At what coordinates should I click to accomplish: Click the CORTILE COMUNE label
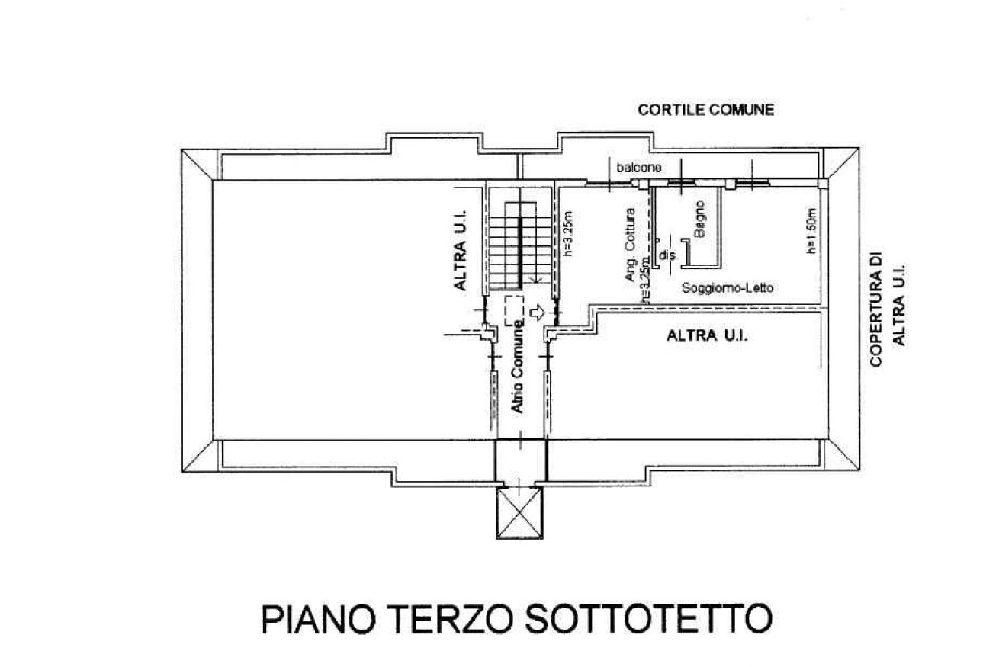(705, 110)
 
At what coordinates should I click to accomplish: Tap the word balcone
(638, 168)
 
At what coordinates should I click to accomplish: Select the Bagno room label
(699, 219)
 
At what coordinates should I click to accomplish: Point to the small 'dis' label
(667, 255)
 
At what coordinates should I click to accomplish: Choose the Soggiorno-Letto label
(728, 288)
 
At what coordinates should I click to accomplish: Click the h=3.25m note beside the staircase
(567, 233)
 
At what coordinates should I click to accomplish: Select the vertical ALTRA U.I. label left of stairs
(461, 250)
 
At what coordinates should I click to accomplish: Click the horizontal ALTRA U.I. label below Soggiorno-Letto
(707, 335)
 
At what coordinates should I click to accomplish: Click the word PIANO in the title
(318, 619)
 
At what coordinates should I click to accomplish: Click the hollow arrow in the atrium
(538, 313)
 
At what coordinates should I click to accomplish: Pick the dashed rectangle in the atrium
(514, 311)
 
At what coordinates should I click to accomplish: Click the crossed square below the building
(519, 513)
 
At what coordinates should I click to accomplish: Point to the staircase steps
(520, 245)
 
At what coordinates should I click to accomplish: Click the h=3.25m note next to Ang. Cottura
(645, 281)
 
